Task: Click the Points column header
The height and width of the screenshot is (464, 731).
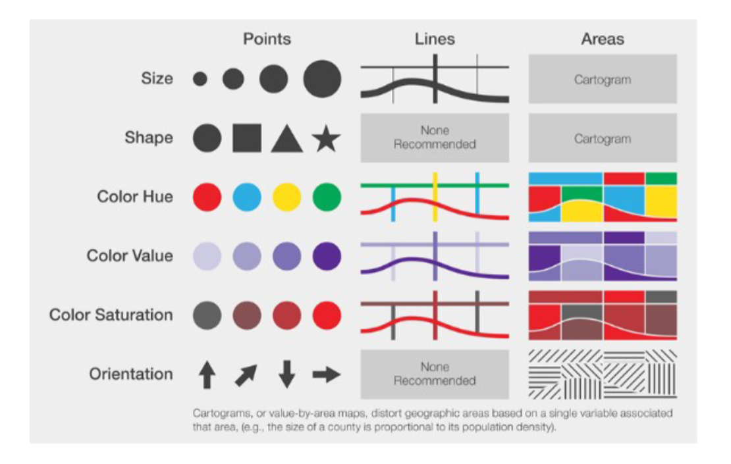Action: coord(267,39)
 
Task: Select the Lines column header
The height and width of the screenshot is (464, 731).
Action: coord(435,39)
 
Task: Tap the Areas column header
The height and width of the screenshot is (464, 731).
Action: coord(603,39)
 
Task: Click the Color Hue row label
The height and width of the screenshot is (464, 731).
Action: coord(135,197)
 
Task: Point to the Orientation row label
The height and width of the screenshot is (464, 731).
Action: coord(131,374)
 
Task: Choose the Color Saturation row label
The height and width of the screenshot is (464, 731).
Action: coord(111,315)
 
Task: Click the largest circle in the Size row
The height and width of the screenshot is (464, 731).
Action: coord(322,79)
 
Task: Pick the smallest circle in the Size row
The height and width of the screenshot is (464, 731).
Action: coord(200,79)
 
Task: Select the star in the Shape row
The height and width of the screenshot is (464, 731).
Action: coord(326,139)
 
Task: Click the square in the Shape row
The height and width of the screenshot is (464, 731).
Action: coord(247,138)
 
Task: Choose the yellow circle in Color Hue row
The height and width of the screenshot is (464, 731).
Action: coord(286,197)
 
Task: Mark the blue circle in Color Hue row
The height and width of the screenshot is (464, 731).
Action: coord(247,197)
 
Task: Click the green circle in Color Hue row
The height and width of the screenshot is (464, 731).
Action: coord(327,197)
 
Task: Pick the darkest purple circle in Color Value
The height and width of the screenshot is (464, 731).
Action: coord(327,256)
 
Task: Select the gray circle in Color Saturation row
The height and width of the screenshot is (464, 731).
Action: coord(207,315)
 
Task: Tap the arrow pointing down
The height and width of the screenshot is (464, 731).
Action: coord(286,374)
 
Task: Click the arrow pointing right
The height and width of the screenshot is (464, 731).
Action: coord(326,374)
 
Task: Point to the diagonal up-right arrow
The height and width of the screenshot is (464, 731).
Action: coord(247,374)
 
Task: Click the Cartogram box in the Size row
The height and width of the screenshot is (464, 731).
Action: coord(603,79)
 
